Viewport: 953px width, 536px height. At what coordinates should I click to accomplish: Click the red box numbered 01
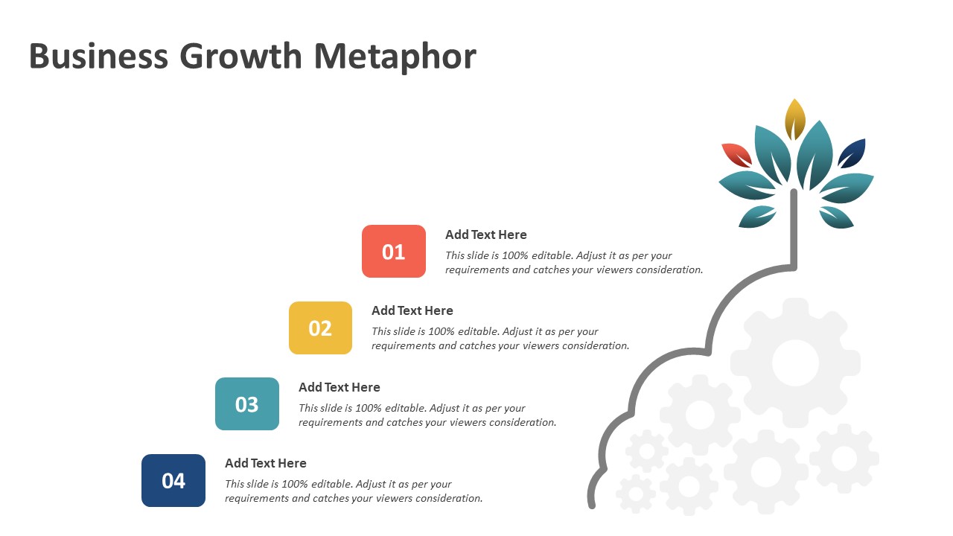[x=394, y=252]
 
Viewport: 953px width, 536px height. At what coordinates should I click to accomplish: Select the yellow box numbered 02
[x=320, y=328]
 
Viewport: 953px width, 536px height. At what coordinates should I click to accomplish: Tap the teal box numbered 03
[x=247, y=403]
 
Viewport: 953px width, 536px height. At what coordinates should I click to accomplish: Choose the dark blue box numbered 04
[x=173, y=480]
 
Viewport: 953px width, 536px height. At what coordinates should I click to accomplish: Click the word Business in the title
[x=99, y=56]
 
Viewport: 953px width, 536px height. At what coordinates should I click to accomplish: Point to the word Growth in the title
[x=240, y=56]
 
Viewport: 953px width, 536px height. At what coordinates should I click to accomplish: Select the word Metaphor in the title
[x=395, y=57]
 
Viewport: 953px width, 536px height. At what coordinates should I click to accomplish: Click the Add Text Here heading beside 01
[x=486, y=234]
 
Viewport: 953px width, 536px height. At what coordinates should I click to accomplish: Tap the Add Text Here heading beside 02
[x=412, y=310]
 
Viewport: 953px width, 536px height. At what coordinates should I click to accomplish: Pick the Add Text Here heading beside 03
[x=339, y=387]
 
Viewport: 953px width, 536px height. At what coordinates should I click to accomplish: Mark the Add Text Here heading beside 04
[x=266, y=463]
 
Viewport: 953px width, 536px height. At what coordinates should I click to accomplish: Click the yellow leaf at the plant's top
[x=794, y=119]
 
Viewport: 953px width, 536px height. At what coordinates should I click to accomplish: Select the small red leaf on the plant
[x=737, y=155]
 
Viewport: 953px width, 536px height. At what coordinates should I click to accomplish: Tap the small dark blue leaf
[x=852, y=153]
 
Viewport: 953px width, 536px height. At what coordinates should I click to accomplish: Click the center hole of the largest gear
[x=795, y=363]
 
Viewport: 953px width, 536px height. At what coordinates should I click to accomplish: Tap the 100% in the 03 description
[x=368, y=408]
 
